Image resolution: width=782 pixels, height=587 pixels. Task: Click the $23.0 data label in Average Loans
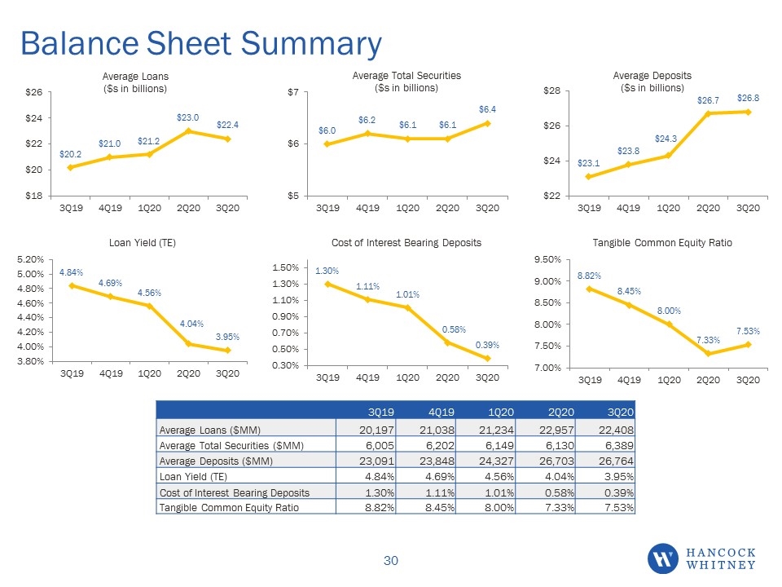coord(187,117)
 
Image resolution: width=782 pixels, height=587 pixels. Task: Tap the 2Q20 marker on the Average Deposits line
coord(708,113)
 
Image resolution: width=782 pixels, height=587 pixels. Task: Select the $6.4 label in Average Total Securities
coord(487,109)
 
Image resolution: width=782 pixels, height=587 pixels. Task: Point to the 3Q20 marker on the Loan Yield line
coord(228,351)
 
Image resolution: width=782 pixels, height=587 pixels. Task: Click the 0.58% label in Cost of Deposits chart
coord(454,329)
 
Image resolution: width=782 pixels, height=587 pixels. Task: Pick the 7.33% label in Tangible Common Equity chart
coord(708,340)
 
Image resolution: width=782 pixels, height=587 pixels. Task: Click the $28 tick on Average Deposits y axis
coord(552,90)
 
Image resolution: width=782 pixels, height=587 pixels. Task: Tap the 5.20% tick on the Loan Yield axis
coord(30,259)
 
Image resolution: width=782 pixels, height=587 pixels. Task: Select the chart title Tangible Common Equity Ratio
coord(662,243)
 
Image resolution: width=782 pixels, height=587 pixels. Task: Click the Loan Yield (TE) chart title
coord(143,243)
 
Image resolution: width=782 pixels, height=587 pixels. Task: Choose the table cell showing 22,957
coord(556,430)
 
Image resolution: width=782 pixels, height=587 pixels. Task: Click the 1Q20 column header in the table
coord(501,413)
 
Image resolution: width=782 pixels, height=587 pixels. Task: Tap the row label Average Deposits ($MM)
coord(216,461)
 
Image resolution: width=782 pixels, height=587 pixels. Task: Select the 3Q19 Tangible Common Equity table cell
coord(380,508)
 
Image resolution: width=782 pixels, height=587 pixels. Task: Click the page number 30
coord(391,561)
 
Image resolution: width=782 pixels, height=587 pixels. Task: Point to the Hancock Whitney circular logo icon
coord(663,558)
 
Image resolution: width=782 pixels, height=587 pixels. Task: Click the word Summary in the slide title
coord(311,44)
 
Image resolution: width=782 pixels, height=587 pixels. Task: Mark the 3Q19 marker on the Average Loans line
coord(70,167)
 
